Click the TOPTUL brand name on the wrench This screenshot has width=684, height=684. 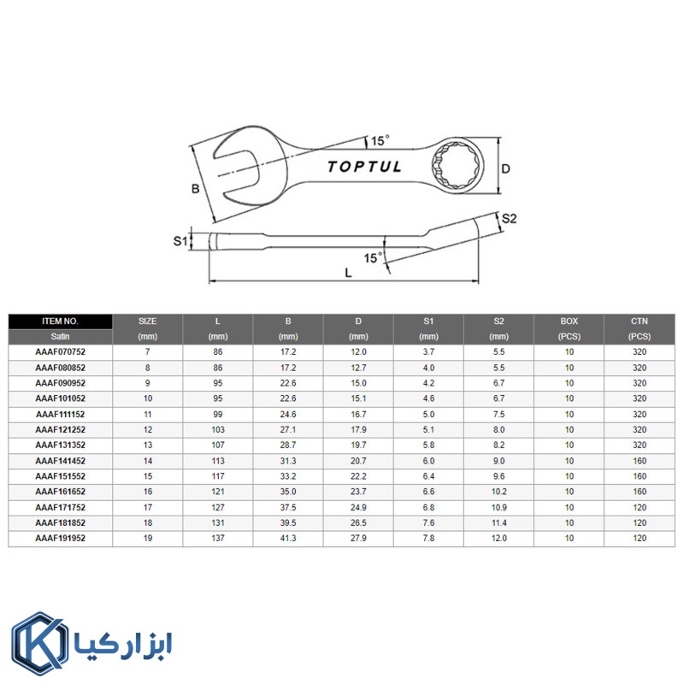point(364,167)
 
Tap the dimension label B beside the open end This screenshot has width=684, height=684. point(196,189)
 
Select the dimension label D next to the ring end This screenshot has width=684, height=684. point(505,168)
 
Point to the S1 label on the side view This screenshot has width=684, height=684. point(180,241)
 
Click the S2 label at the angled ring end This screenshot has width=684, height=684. point(509,219)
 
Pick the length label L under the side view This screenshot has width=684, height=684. point(348,273)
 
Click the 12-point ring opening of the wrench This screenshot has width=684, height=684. point(456,165)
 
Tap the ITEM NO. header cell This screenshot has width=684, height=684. point(60,321)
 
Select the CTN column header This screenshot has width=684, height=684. point(639,321)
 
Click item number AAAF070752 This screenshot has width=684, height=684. point(60,352)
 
